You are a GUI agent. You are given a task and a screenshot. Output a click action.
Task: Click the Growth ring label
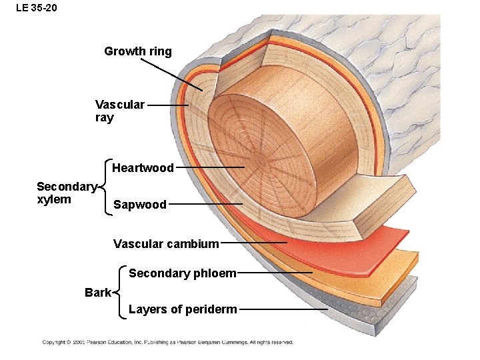coord(138,51)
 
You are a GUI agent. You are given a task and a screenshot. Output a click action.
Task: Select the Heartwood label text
coord(143,168)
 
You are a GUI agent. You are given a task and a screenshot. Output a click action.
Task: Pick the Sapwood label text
coord(140,205)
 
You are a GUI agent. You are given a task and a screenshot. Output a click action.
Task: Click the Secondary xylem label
coord(67,193)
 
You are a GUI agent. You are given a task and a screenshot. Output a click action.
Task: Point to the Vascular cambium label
coord(166,244)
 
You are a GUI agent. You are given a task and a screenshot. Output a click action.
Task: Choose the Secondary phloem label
coord(182,273)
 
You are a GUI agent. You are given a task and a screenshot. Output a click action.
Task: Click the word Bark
coord(98,293)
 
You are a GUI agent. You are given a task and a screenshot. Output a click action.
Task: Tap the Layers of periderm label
coord(182,309)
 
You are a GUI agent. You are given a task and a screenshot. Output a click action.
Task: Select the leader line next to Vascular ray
coord(167,105)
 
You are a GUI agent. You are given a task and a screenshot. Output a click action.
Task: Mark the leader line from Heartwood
coord(210,167)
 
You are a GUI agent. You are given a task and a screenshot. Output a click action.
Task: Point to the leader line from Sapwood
coord(205,204)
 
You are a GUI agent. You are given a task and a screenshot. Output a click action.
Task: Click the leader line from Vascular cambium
coord(253,243)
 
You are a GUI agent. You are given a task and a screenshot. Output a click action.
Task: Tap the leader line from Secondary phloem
coord(275,273)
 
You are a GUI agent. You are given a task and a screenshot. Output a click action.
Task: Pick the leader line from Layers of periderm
coord(283,309)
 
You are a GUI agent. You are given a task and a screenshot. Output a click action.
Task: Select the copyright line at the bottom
coord(168,342)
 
